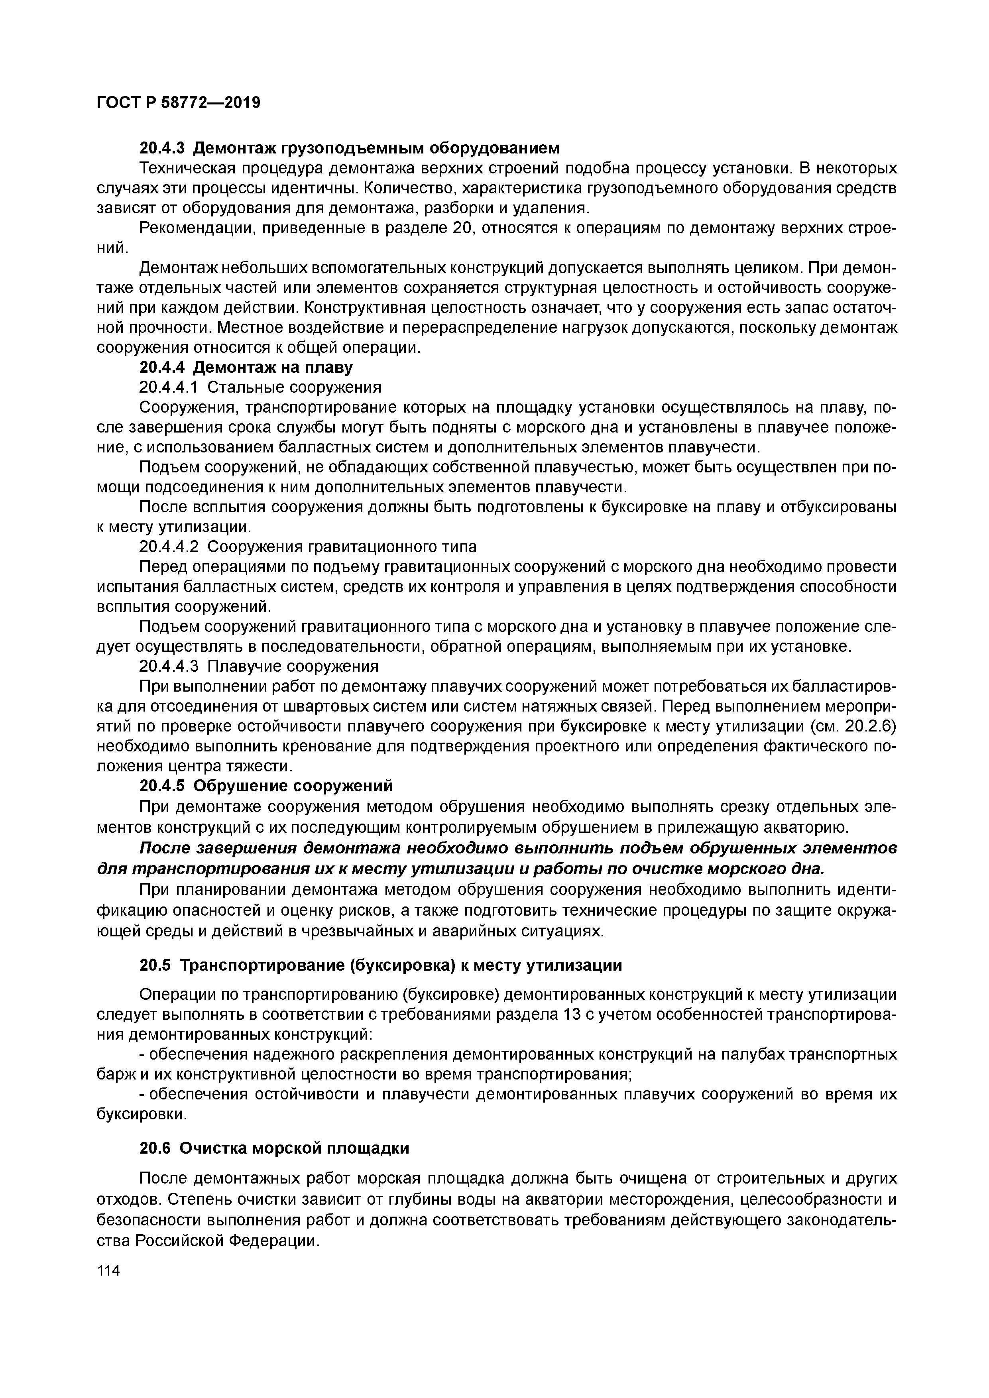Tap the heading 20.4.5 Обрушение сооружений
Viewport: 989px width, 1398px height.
[x=266, y=786]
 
